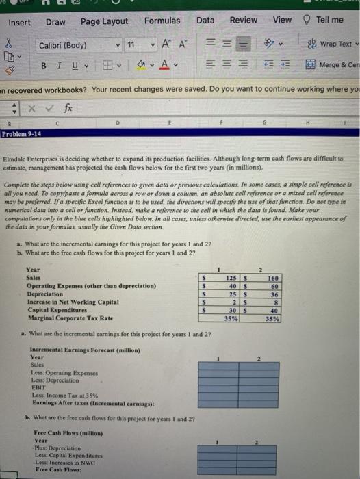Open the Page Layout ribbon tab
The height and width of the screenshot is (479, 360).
[104, 21]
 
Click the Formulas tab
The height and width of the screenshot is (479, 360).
[162, 21]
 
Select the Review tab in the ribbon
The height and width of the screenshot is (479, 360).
[244, 21]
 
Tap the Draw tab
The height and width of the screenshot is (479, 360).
[55, 22]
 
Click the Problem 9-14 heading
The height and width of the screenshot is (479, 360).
[21, 135]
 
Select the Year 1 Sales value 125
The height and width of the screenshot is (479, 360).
[233, 278]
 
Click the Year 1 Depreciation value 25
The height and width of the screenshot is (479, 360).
[233, 294]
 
